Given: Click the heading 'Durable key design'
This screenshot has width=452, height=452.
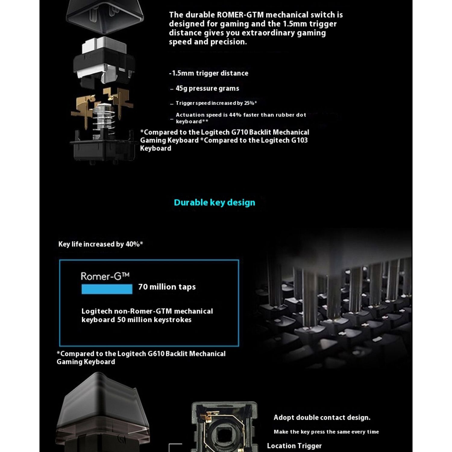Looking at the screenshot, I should pyautogui.click(x=214, y=202).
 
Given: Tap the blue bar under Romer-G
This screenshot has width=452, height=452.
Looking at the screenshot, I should pyautogui.click(x=107, y=289).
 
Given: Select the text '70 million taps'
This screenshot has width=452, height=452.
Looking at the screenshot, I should pyautogui.click(x=167, y=287).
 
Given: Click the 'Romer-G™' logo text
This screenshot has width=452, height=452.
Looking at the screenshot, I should pyautogui.click(x=105, y=276).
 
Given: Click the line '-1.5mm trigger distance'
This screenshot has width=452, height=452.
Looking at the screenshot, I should pyautogui.click(x=209, y=73).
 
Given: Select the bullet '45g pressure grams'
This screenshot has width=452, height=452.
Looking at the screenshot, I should pyautogui.click(x=207, y=88).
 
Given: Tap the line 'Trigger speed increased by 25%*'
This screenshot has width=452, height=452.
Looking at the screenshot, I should pyautogui.click(x=216, y=103).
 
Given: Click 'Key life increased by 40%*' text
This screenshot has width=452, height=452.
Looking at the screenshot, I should pyautogui.click(x=101, y=244).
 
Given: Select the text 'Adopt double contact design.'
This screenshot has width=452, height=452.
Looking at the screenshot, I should pyautogui.click(x=322, y=418).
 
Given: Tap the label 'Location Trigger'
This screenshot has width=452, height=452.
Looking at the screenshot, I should pyautogui.click(x=294, y=446).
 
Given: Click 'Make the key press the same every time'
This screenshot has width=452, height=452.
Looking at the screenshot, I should pyautogui.click(x=326, y=432).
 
